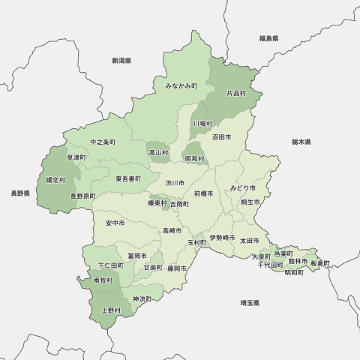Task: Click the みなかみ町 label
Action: click(181, 86)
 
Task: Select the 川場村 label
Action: click(202, 123)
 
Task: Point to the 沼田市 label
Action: click(221, 137)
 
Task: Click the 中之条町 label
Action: click(103, 142)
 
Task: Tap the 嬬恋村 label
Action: click(55, 180)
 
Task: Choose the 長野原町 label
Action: click(83, 196)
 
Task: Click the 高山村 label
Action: click(158, 152)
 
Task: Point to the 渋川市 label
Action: click(175, 182)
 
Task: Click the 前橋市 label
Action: click(203, 193)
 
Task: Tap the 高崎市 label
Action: click(172, 230)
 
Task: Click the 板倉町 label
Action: click(319, 263)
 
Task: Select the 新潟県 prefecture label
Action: click(121, 60)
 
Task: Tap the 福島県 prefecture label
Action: click(268, 37)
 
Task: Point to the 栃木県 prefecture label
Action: click(301, 141)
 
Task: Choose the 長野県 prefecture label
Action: click(20, 193)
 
